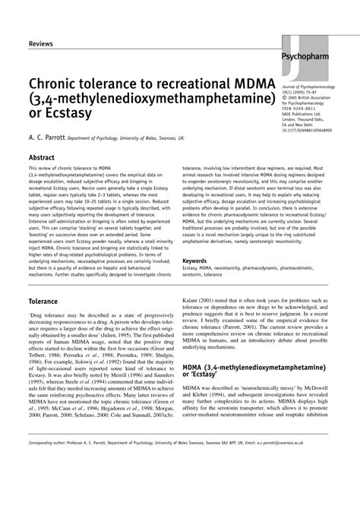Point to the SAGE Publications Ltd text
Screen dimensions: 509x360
304,113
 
